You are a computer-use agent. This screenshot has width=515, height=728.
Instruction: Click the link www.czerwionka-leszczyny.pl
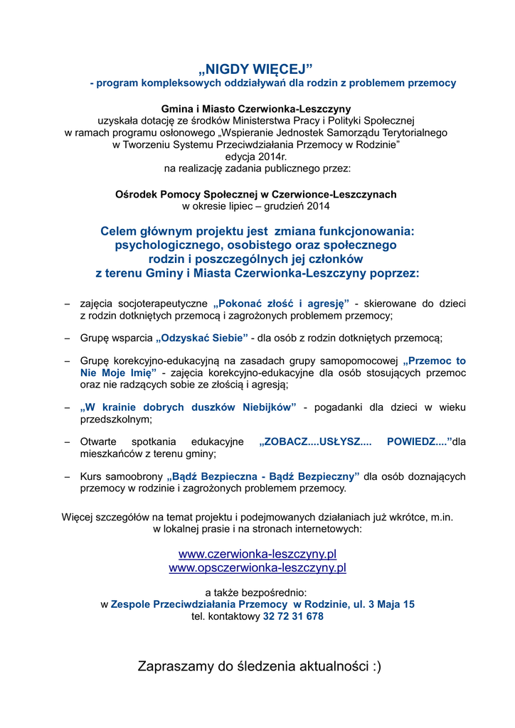pos(257,554)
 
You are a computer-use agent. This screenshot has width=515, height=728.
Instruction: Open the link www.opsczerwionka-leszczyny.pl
pos(257,568)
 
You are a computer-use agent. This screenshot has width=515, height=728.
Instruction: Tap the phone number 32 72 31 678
pos(293,616)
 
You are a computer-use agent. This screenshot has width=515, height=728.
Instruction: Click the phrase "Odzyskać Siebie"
pos(201,338)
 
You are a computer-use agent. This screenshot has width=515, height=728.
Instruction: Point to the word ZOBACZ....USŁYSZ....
pos(316,441)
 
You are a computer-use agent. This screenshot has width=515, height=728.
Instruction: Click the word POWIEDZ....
pos(416,441)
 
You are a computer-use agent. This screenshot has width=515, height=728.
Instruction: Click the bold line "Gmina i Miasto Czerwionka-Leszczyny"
pos(256,109)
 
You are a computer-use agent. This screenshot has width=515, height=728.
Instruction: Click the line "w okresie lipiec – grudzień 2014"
pos(256,206)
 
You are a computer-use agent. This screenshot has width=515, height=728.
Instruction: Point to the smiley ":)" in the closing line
pos(376,666)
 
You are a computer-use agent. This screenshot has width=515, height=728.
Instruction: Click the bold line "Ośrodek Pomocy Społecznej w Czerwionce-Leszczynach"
pos(256,194)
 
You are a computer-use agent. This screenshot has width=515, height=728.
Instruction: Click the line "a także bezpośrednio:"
pos(256,592)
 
